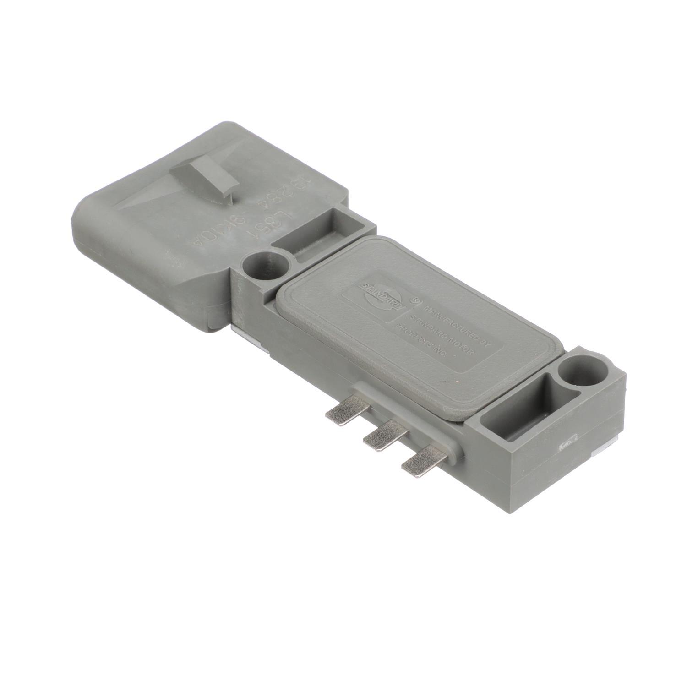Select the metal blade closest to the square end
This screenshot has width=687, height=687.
point(419,459)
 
